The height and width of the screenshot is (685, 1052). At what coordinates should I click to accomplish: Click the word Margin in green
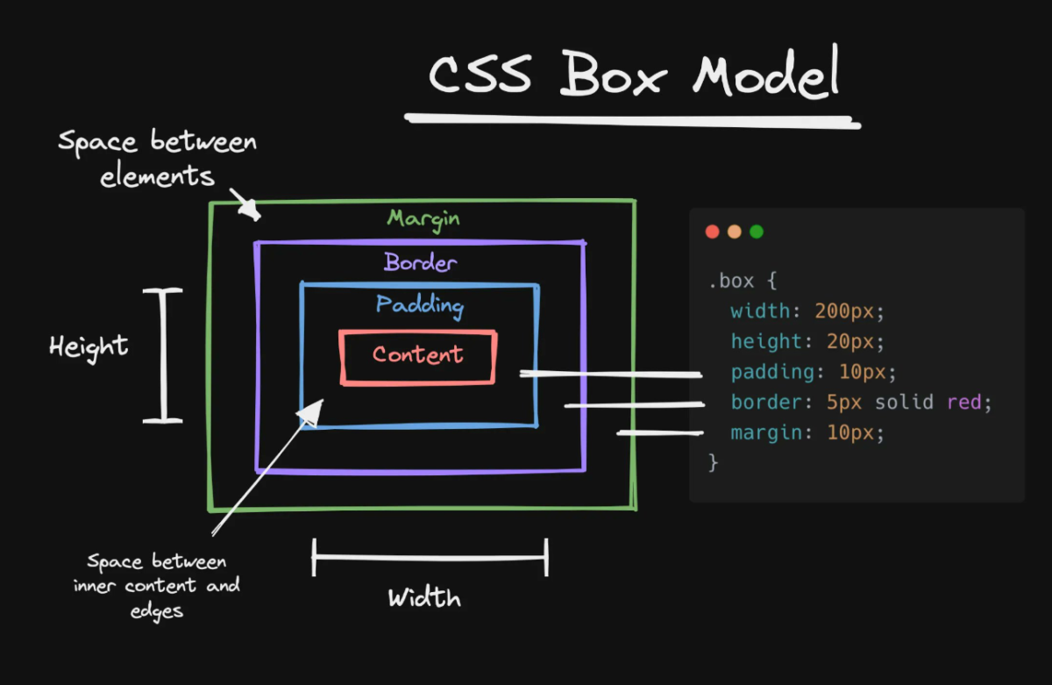click(423, 218)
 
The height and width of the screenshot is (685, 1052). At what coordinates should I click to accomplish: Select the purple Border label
click(420, 262)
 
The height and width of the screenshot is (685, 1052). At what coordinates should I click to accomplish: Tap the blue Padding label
click(419, 305)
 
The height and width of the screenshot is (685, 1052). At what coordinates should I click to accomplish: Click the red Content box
click(418, 356)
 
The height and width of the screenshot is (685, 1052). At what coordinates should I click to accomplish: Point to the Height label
click(89, 346)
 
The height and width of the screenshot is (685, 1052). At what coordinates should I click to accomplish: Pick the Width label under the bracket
click(424, 599)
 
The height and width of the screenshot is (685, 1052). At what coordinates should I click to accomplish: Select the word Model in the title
click(765, 74)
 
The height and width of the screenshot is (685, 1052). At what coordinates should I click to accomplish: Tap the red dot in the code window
click(712, 232)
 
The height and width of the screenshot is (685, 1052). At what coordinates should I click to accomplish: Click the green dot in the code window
click(757, 232)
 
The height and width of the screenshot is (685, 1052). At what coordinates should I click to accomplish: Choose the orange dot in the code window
click(735, 232)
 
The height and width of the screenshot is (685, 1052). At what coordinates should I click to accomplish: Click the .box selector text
click(730, 282)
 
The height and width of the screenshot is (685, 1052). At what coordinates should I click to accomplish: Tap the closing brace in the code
click(713, 462)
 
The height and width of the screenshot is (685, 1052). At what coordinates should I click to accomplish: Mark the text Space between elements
click(157, 158)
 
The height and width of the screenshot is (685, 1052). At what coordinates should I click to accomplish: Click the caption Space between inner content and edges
click(157, 586)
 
